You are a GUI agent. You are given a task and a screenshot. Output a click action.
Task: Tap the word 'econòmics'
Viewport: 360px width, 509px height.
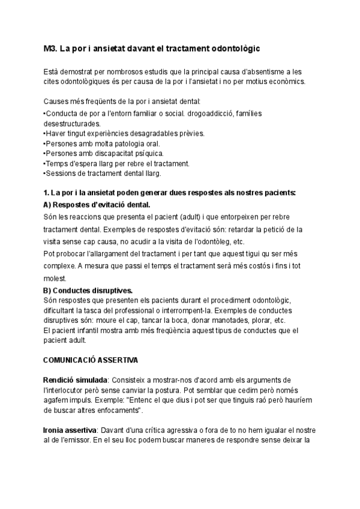tap(285, 81)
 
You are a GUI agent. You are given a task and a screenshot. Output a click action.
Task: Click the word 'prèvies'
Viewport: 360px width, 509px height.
tap(191, 133)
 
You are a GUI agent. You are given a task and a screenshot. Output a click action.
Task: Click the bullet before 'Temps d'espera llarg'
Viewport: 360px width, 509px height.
tap(45, 163)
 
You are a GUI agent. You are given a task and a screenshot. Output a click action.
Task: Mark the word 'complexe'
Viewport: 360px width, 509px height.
tap(63, 265)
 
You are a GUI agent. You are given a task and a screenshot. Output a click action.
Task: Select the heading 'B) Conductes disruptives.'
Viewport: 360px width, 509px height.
tap(88, 291)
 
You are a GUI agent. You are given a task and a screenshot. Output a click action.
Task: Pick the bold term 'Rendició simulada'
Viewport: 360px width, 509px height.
tap(75, 381)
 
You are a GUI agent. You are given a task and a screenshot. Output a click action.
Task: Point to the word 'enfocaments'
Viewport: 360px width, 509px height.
tap(118, 410)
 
